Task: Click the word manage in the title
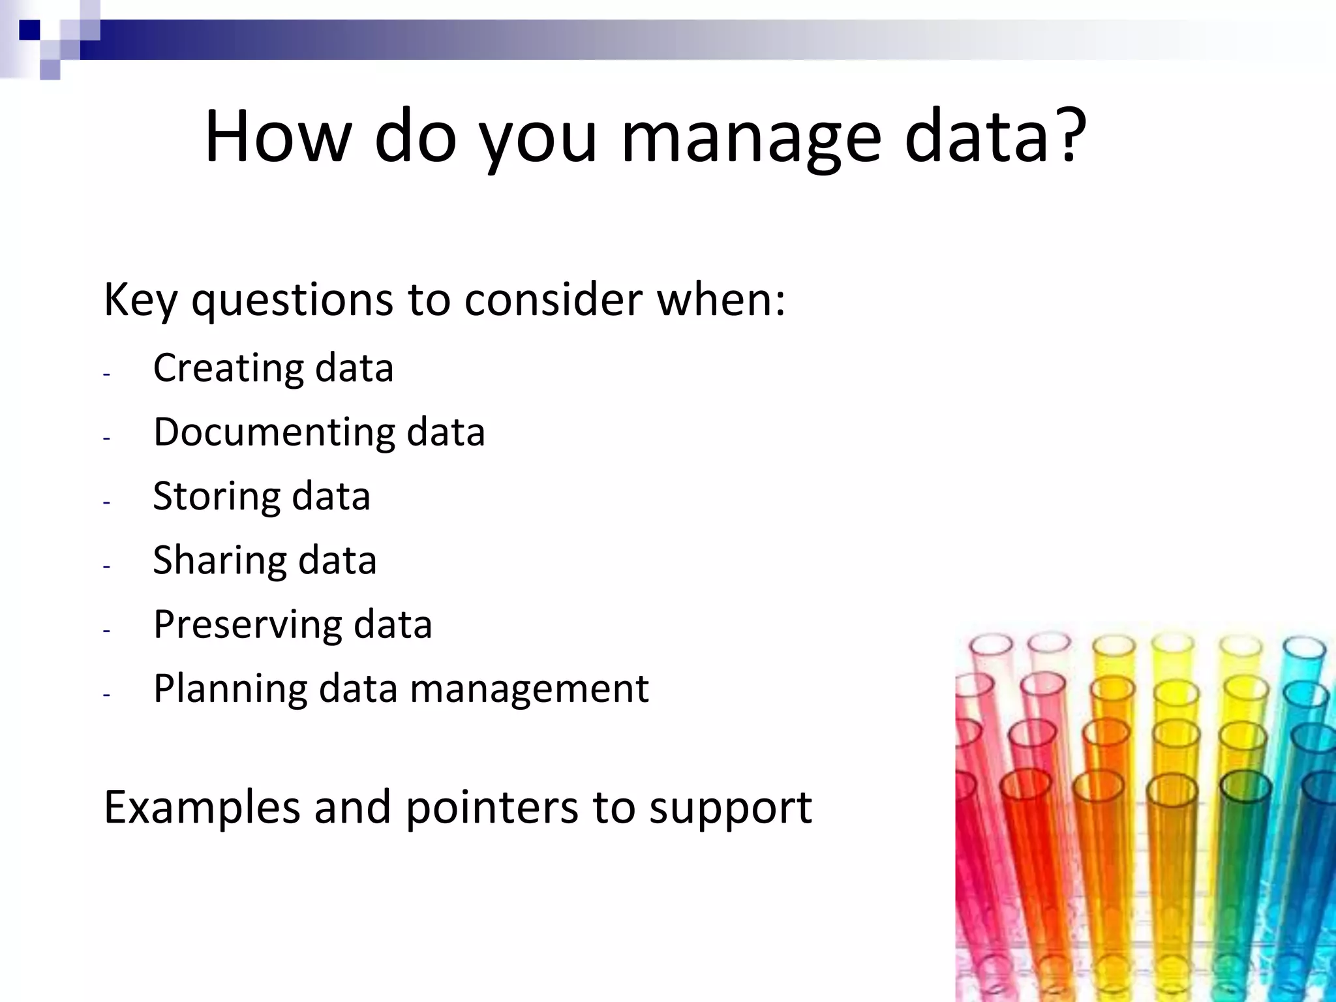751,138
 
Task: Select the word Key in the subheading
140,301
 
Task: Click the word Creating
228,368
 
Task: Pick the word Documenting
274,433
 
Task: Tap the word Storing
216,496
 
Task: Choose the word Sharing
219,560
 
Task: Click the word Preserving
247,624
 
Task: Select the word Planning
230,689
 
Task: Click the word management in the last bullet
529,689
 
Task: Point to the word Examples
202,808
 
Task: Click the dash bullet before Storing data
107,502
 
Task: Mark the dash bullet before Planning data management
107,695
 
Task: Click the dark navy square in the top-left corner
29,29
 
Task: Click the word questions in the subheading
292,301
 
